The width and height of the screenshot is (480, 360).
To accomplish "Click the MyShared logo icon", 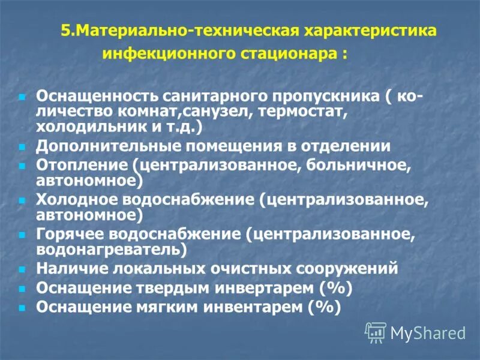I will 376,332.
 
